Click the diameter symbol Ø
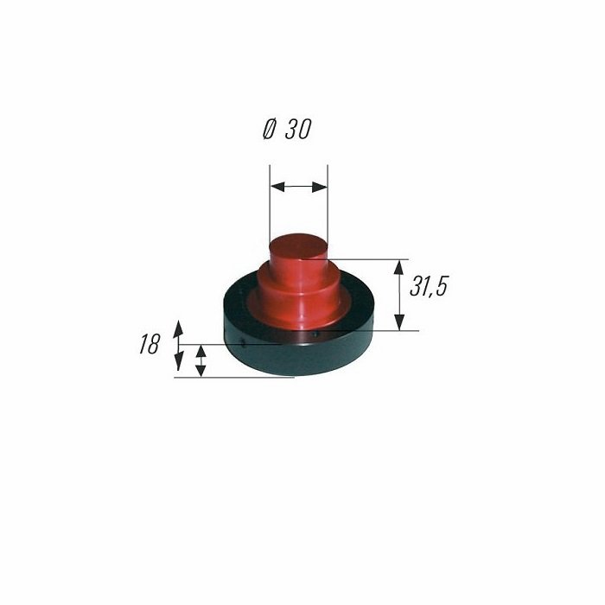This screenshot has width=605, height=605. point(269,129)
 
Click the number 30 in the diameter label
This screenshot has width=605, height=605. point(298,129)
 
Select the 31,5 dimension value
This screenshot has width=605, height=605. point(429,287)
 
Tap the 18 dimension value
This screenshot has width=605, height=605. point(149,344)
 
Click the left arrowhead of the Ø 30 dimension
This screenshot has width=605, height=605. point(277,188)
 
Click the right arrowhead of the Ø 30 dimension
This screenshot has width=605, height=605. point(320,188)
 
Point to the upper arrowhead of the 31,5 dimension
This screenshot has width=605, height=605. point(399,267)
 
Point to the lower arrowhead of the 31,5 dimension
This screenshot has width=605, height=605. point(399,322)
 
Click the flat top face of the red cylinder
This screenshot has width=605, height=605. point(299,246)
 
